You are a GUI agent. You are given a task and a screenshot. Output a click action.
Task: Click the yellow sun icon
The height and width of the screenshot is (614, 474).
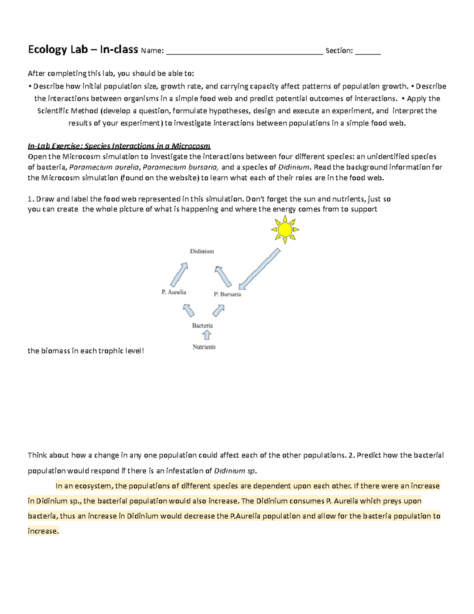coord(284,230)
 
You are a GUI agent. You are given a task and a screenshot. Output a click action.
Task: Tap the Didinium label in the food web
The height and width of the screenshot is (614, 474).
coord(202,251)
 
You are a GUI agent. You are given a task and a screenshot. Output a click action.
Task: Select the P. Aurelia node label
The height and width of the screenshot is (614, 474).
coord(174,292)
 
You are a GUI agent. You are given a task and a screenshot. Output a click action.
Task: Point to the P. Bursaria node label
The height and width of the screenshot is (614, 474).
coord(227,294)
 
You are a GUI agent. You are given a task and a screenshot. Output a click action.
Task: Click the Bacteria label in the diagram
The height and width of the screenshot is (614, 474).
coord(202,326)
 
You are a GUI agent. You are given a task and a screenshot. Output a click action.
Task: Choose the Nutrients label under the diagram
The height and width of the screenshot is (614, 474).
coord(204,347)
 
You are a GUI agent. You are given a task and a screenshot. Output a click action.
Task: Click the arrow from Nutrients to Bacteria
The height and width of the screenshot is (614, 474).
coord(206,336)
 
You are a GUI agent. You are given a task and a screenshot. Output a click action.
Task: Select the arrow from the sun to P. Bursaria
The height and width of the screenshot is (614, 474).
coord(260,269)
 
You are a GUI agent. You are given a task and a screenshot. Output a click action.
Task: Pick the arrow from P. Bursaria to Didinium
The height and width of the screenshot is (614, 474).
coord(223,276)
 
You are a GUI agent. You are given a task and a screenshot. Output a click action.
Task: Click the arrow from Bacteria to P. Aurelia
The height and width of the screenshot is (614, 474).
coord(188,310)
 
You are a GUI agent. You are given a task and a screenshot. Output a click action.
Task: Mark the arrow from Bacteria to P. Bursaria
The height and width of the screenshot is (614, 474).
coord(218,310)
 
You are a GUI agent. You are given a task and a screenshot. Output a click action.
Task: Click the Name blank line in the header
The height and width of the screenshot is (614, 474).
coord(244,51)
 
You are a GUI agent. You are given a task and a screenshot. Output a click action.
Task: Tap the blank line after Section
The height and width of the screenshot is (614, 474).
coord(368,51)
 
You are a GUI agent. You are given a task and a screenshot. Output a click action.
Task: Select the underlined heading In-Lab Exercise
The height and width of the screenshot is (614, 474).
coord(119,146)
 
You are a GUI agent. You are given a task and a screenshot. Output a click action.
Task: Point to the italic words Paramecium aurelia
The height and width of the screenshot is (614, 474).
coord(104,167)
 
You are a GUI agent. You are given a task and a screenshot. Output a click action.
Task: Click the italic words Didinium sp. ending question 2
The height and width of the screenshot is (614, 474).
coord(235,471)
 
